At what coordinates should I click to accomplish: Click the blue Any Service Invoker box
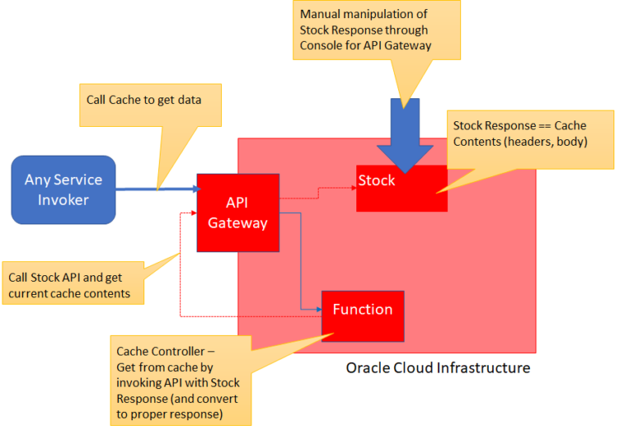coord(63,190)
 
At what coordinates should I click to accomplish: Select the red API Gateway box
coord(238,212)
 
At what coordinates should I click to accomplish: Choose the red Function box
coord(362,315)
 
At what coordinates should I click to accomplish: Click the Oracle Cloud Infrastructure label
coord(437,368)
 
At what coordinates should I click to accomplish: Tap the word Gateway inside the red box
coord(238,223)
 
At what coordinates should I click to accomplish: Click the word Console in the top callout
coord(326,46)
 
